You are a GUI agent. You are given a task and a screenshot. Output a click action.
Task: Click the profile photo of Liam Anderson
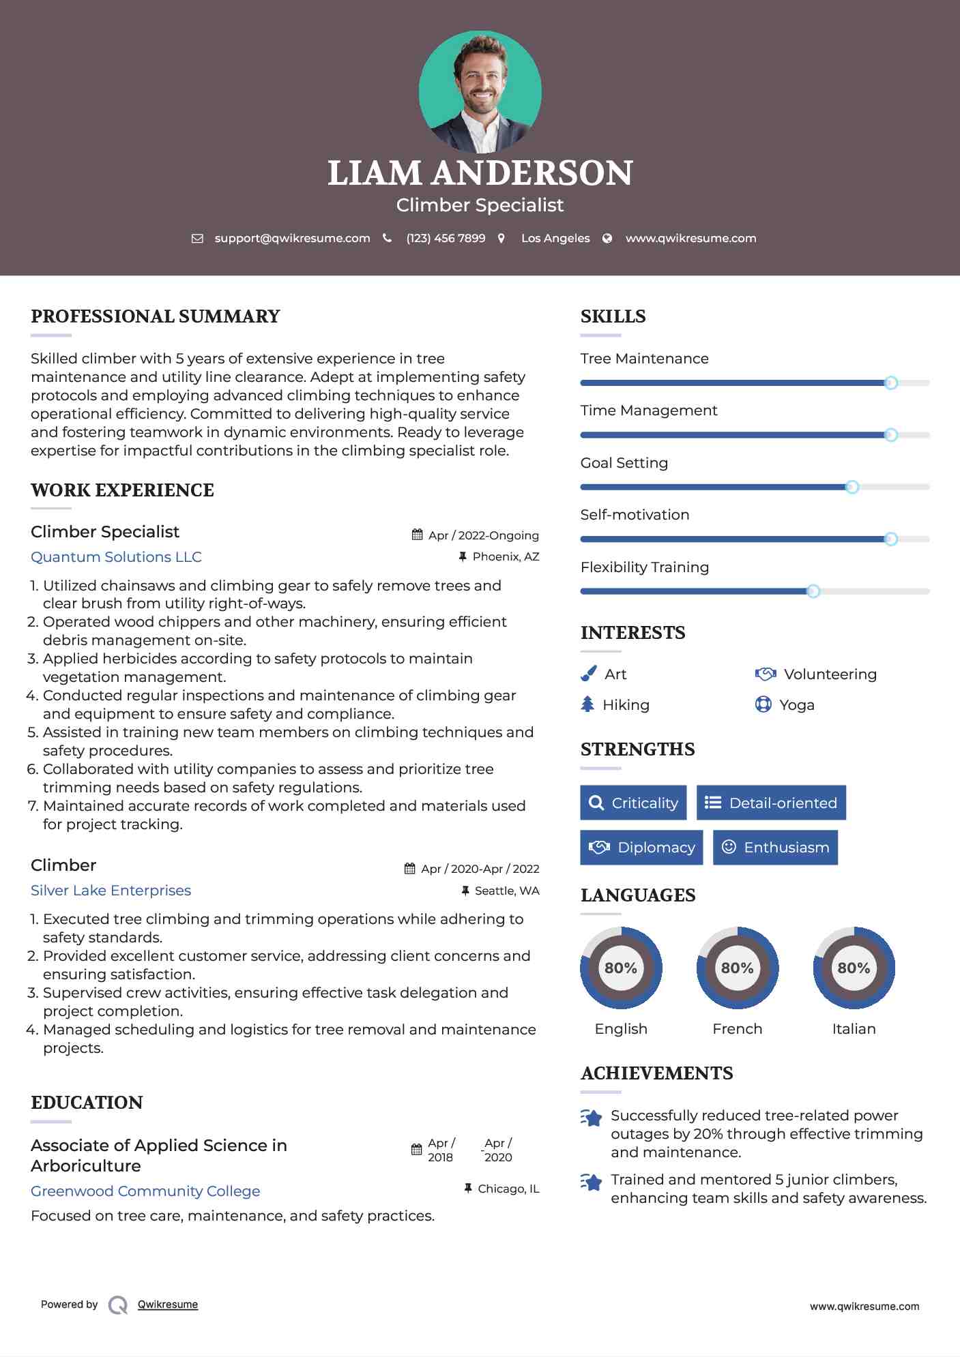[480, 92]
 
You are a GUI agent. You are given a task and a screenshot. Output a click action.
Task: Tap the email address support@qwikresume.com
[292, 238]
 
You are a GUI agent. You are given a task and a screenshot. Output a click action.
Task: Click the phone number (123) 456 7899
[446, 238]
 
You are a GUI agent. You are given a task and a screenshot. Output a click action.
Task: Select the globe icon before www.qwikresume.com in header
[607, 238]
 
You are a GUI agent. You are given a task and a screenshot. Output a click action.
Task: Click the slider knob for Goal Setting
[852, 487]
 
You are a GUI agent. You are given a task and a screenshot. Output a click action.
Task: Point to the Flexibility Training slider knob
[813, 591]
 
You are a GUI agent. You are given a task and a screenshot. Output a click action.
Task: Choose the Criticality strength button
[633, 803]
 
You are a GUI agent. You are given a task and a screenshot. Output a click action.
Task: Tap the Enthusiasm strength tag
[775, 847]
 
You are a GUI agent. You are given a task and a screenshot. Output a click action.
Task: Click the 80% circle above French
[737, 968]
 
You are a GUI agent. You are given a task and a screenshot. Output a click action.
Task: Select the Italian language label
[854, 1028]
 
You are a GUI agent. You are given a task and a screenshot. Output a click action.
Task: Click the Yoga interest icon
[763, 704]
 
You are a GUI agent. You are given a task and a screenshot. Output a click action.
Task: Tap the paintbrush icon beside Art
[588, 674]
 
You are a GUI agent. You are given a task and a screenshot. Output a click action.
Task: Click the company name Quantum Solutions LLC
[116, 556]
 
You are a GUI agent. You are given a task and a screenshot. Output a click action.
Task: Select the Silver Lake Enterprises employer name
[111, 890]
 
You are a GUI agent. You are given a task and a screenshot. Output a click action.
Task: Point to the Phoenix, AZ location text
[506, 556]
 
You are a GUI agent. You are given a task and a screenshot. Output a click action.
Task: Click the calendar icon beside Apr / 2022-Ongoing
[417, 535]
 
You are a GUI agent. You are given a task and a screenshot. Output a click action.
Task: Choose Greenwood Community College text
[145, 1191]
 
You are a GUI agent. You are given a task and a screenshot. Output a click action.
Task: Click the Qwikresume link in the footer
[168, 1304]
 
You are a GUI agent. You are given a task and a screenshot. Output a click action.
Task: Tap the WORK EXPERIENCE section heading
[122, 490]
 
